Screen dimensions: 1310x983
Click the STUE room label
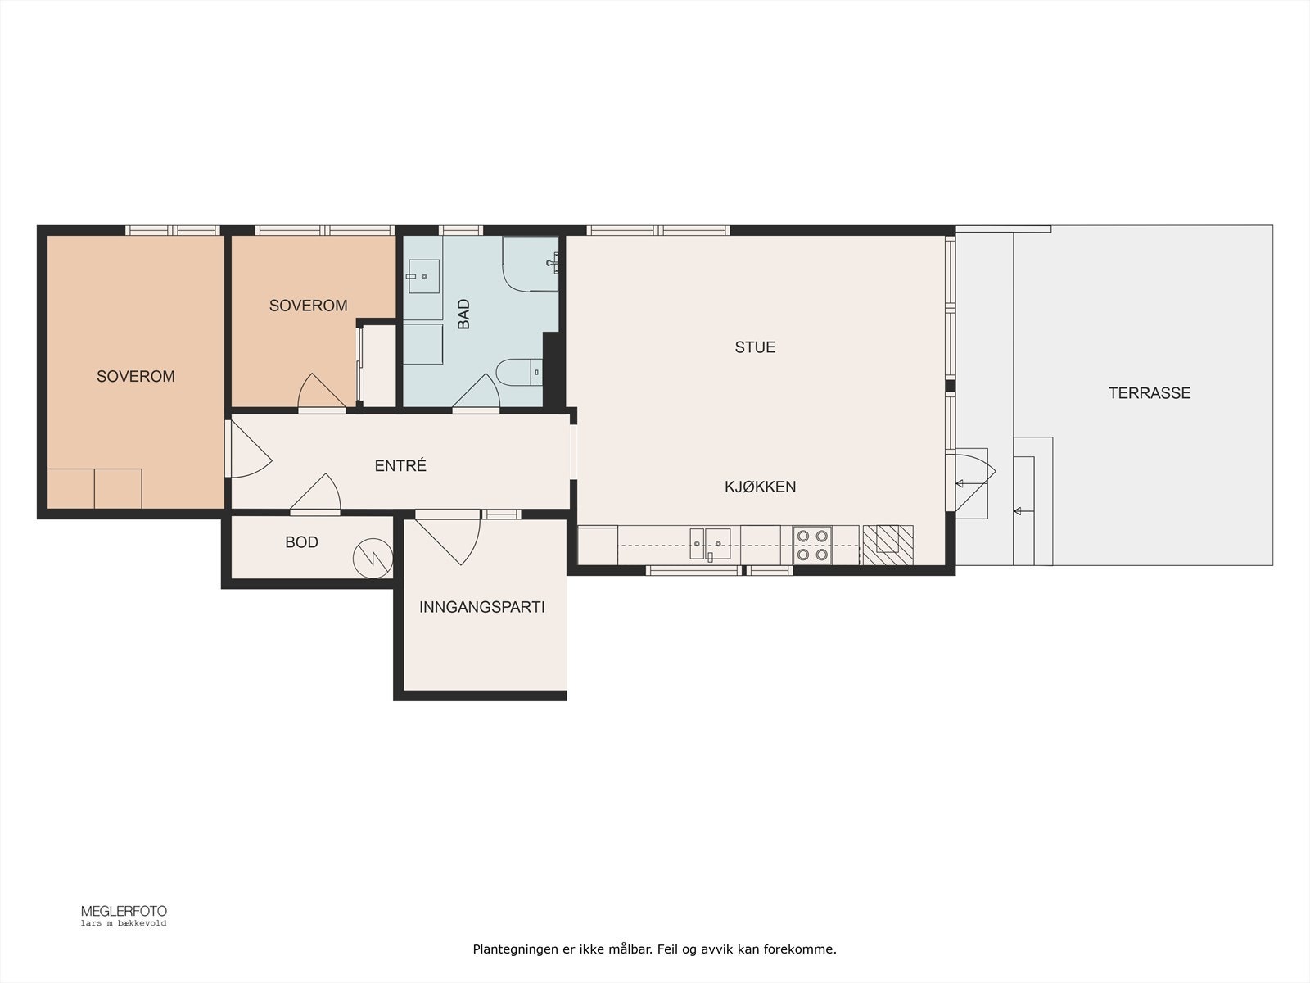(755, 347)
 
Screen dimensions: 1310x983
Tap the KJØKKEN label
(760, 487)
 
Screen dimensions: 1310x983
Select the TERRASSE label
(1150, 393)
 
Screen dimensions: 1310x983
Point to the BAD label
(463, 314)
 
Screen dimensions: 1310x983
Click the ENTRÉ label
(400, 465)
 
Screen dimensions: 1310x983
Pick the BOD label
(301, 542)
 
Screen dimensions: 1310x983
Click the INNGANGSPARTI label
(481, 608)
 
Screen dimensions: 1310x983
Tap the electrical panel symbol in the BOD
(373, 559)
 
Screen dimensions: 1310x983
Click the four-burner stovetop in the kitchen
(812, 545)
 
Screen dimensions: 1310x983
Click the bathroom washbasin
(424, 276)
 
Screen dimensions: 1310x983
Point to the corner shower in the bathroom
(530, 264)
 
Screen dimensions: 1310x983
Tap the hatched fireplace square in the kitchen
(888, 545)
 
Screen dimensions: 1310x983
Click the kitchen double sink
(710, 544)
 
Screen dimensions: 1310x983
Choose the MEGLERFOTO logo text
(124, 912)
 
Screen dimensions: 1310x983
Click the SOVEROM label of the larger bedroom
(135, 377)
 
